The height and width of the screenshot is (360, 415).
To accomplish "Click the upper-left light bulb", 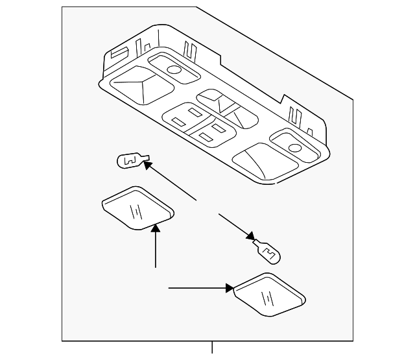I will [130, 159].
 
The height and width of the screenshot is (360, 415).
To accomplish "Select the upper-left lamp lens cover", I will [137, 208].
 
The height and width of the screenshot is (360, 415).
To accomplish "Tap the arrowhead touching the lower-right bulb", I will [250, 237].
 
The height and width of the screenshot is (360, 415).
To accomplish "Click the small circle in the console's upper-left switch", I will [173, 69].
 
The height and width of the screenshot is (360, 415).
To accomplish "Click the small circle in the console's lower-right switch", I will [295, 147].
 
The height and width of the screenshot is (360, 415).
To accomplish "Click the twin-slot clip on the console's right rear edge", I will [297, 117].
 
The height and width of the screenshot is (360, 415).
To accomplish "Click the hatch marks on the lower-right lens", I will [265, 299].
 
